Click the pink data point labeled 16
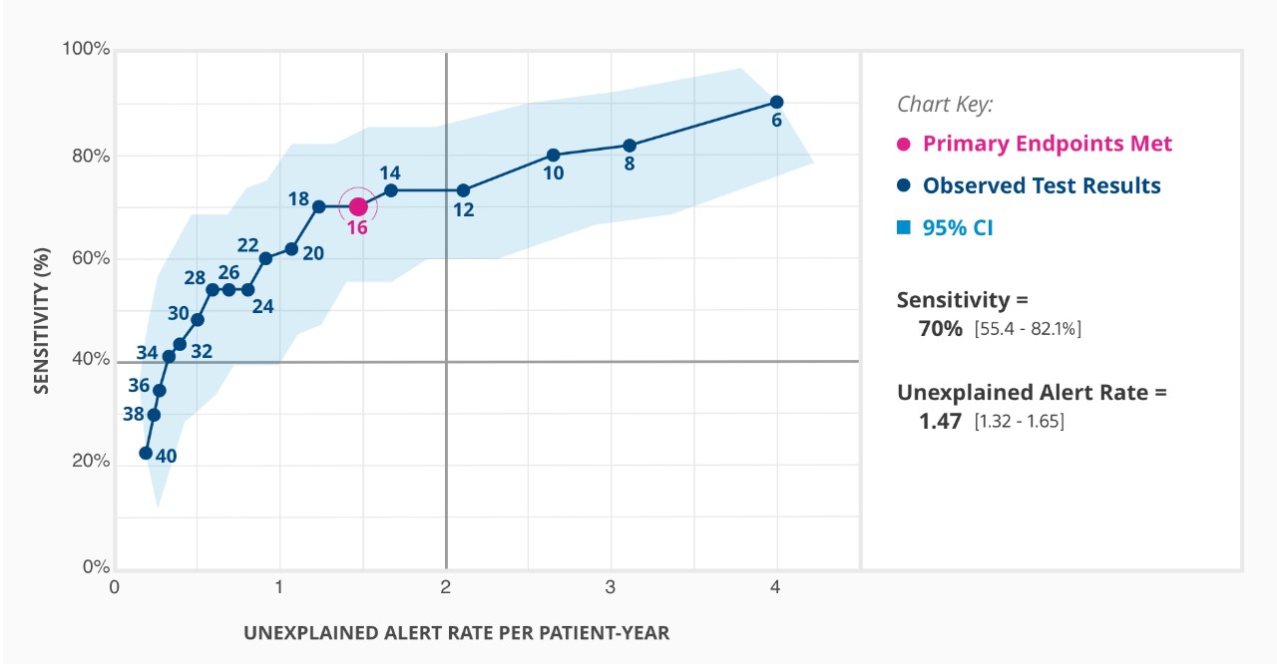click(358, 206)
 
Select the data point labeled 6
click(777, 102)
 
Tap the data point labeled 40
click(146, 453)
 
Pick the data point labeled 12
click(463, 189)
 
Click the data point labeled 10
click(553, 155)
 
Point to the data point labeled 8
click(630, 145)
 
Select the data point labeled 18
click(318, 206)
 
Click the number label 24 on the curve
click(262, 307)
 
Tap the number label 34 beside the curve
click(147, 352)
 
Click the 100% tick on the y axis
click(86, 49)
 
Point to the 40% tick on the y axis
click(90, 360)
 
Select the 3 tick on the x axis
click(611, 587)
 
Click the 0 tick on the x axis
click(115, 587)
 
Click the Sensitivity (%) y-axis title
click(41, 308)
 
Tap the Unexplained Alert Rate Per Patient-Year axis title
click(457, 633)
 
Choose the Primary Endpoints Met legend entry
click(1047, 144)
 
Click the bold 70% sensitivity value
click(940, 327)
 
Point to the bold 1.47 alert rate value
click(940, 421)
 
